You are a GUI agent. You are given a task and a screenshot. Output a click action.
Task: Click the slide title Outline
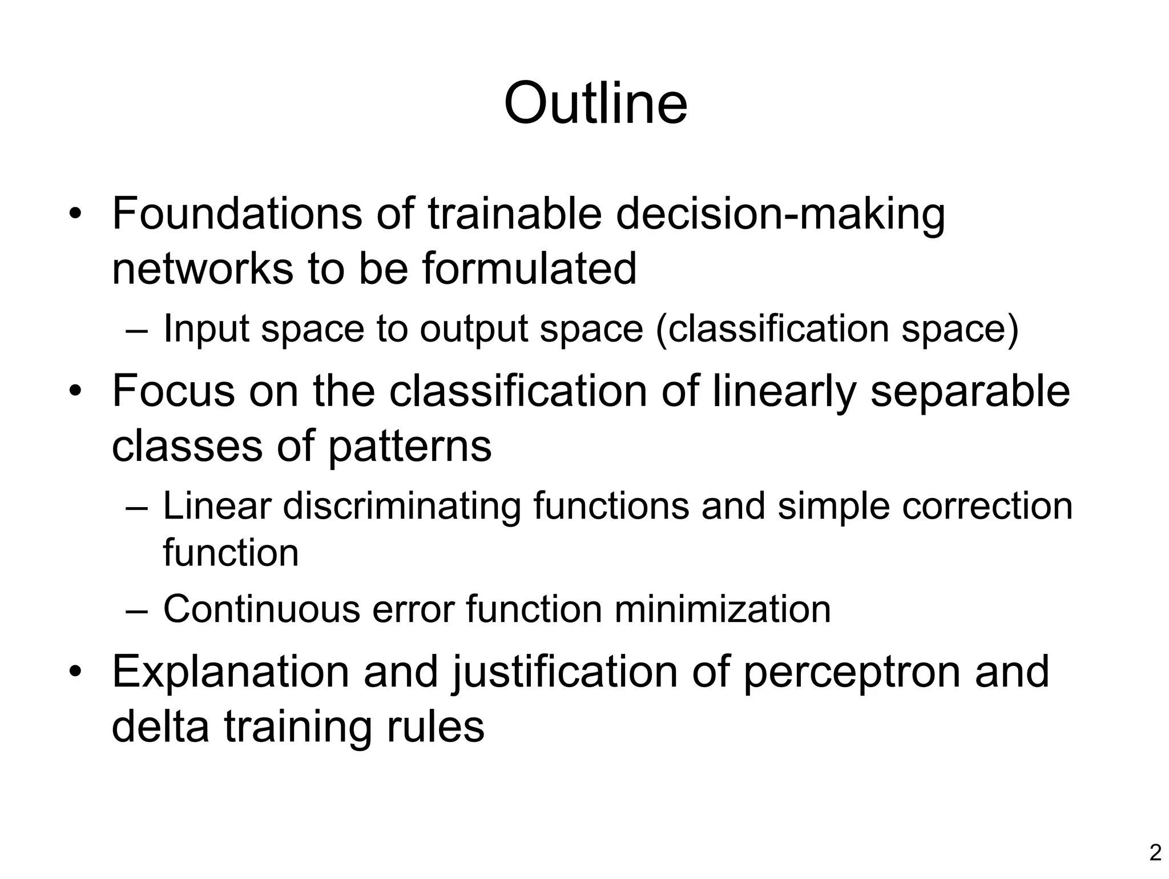click(x=595, y=103)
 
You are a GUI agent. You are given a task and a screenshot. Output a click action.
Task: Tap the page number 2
click(x=1155, y=853)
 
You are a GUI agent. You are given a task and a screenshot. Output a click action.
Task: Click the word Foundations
click(x=237, y=214)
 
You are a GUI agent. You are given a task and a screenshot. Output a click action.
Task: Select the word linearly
click(x=784, y=392)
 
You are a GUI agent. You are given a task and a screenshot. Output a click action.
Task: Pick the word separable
click(x=970, y=392)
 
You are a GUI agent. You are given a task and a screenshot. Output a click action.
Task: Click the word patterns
click(x=409, y=447)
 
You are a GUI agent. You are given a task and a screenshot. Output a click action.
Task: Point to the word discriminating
click(x=402, y=507)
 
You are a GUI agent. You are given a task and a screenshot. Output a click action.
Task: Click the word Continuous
click(x=261, y=609)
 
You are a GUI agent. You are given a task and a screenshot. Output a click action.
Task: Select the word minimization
click(x=722, y=609)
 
